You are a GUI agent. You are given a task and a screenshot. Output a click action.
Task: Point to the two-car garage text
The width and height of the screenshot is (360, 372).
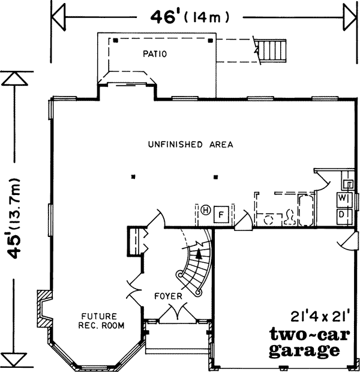tap(304, 341)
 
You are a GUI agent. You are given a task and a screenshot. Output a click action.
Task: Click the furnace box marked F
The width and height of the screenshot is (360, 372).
tap(220, 214)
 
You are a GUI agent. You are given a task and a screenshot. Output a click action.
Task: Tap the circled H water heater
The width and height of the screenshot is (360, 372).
tap(205, 210)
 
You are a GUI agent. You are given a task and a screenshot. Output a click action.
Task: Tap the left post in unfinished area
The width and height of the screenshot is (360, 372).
tap(134, 176)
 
